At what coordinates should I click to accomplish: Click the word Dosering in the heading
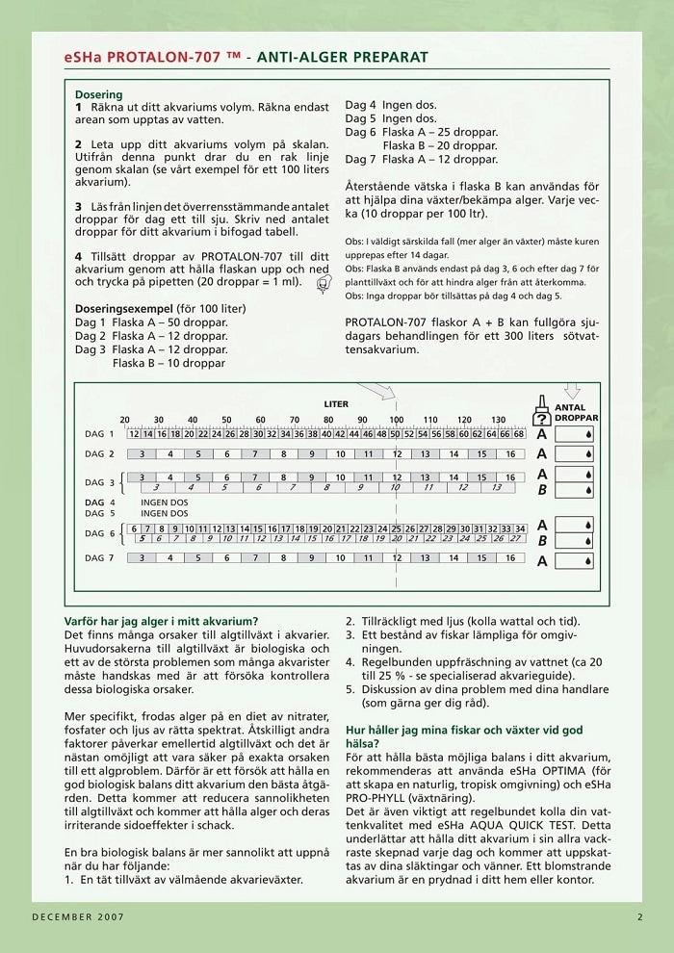coord(99,95)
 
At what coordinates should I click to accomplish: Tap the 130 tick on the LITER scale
coord(497,420)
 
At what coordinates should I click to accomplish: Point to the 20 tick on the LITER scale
coord(124,420)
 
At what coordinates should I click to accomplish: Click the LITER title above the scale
coord(336,404)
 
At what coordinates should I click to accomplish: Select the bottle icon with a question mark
coord(541,412)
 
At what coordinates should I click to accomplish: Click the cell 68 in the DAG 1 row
coord(519,434)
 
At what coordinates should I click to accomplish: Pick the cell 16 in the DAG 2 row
coord(509,453)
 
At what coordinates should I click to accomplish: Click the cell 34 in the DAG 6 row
coord(520,528)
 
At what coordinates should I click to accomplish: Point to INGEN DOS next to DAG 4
coord(165,502)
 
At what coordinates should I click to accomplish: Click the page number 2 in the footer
coord(639,916)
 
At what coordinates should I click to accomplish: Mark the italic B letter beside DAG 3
coord(541,490)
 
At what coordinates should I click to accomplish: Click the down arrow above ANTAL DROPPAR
coord(572,392)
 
